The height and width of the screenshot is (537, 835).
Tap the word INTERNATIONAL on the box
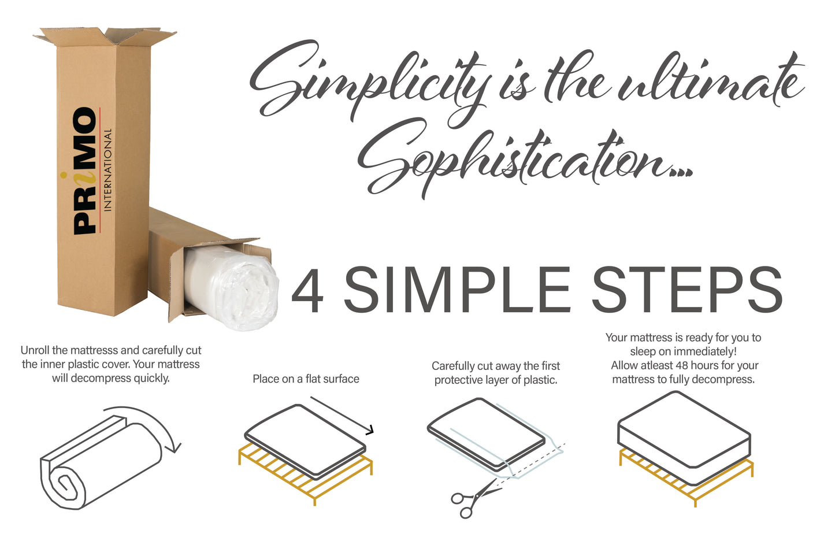coord(107,170)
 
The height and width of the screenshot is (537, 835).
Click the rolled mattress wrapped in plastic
coord(231,287)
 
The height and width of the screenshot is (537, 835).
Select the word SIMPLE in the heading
coord(457,290)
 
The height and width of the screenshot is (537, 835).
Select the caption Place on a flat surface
coord(306,379)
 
